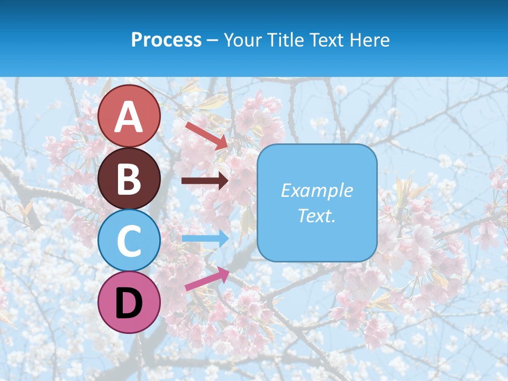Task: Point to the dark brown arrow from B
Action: pos(205,181)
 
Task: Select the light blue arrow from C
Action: pos(205,239)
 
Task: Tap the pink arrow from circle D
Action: pos(207,279)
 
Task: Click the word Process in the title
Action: pos(166,40)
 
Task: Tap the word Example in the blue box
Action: pos(316,190)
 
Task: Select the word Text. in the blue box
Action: pos(316,215)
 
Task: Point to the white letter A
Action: pos(129,117)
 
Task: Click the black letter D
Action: pos(129,303)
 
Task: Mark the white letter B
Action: pos(129,179)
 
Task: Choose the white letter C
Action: pos(129,241)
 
